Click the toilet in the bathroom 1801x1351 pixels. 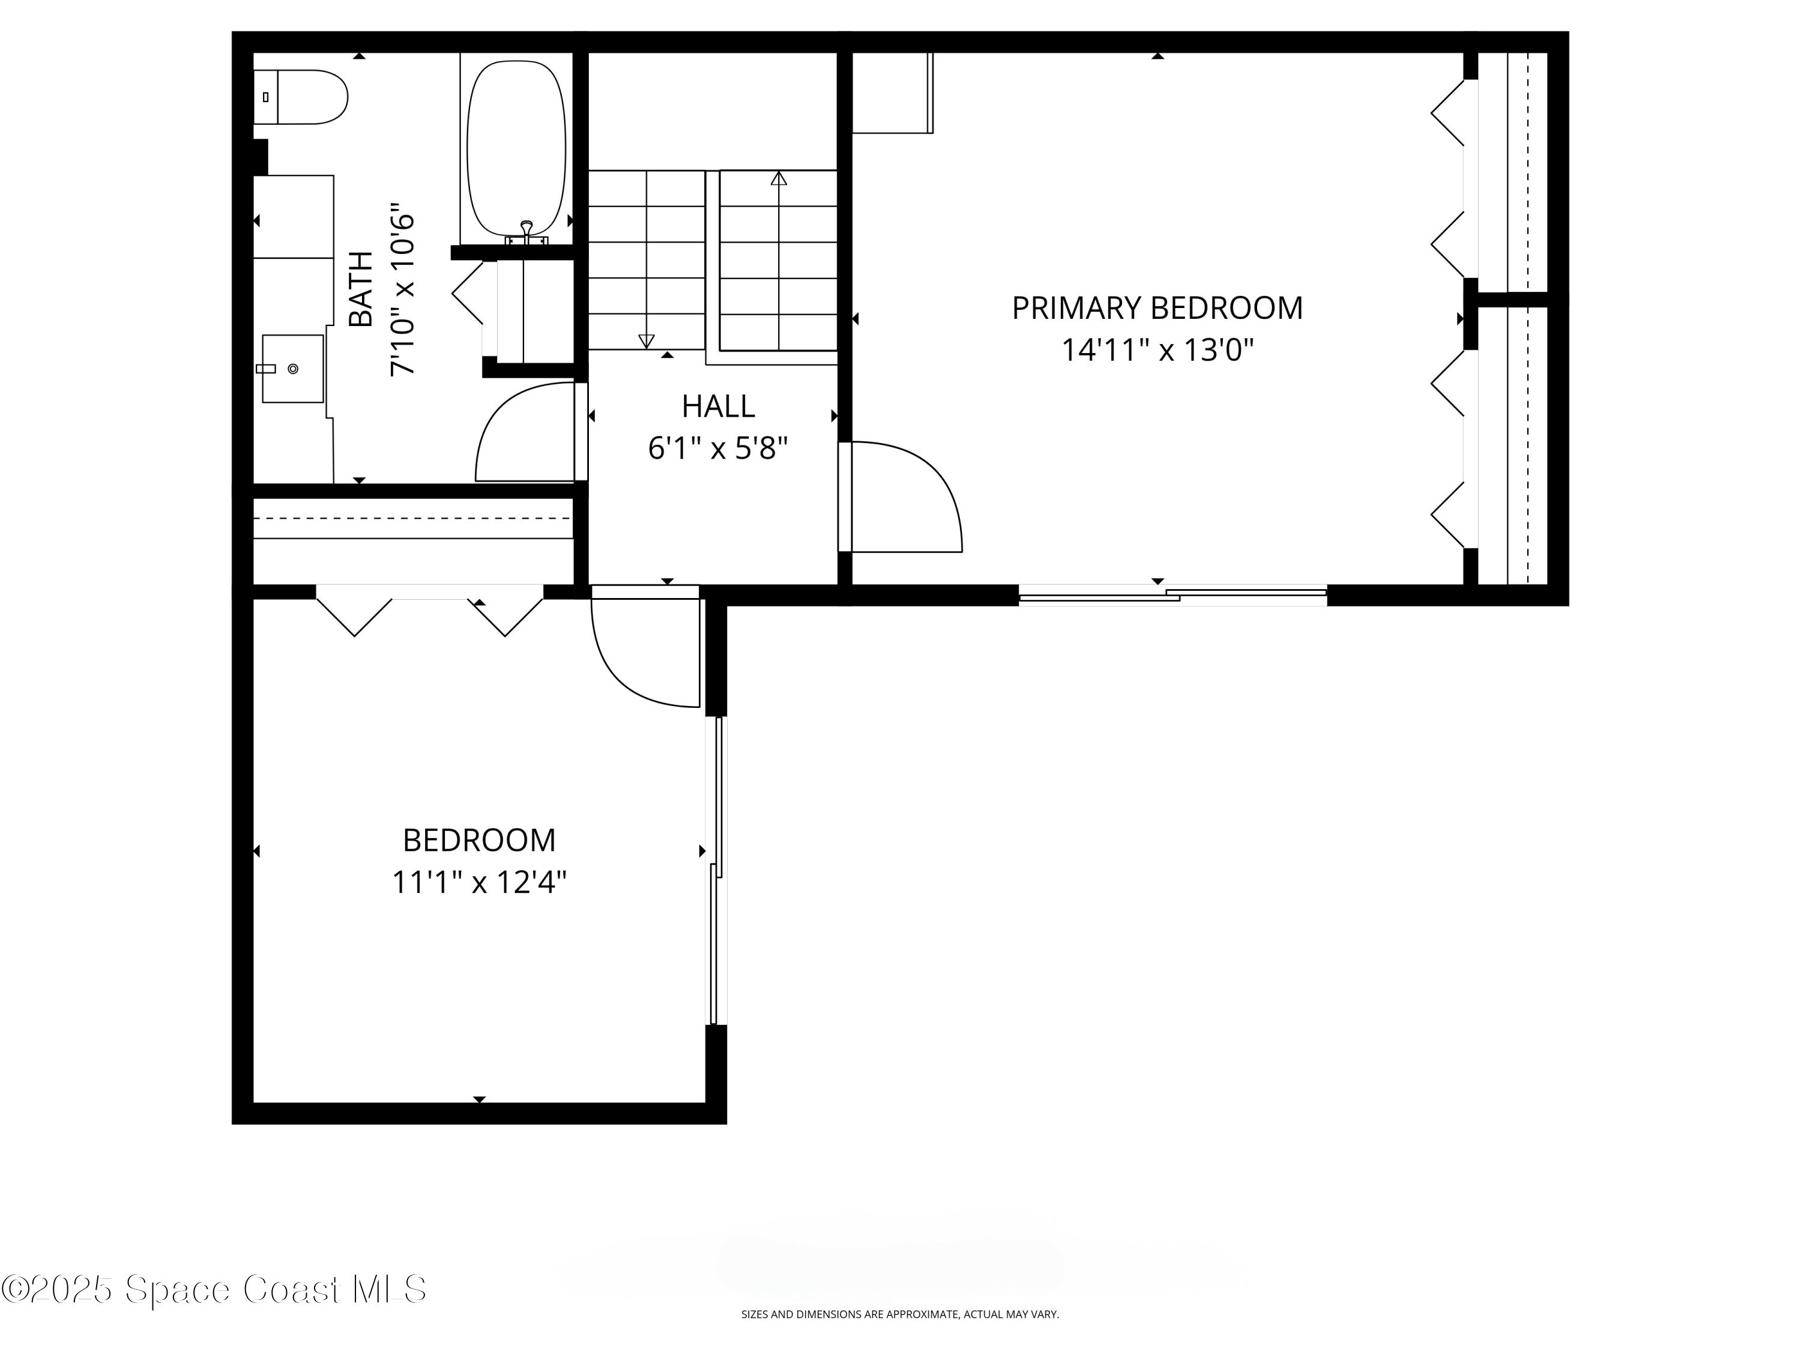point(306,97)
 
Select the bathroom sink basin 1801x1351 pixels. point(292,368)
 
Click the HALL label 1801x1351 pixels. point(718,405)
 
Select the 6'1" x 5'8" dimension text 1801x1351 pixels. point(718,449)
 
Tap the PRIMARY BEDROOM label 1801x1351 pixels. point(1157,309)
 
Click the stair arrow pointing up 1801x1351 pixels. point(779,178)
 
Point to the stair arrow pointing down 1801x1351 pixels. point(647,340)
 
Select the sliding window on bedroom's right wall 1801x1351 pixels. point(716,869)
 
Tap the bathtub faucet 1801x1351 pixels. point(526,231)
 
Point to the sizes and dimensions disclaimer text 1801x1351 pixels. point(900,1337)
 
